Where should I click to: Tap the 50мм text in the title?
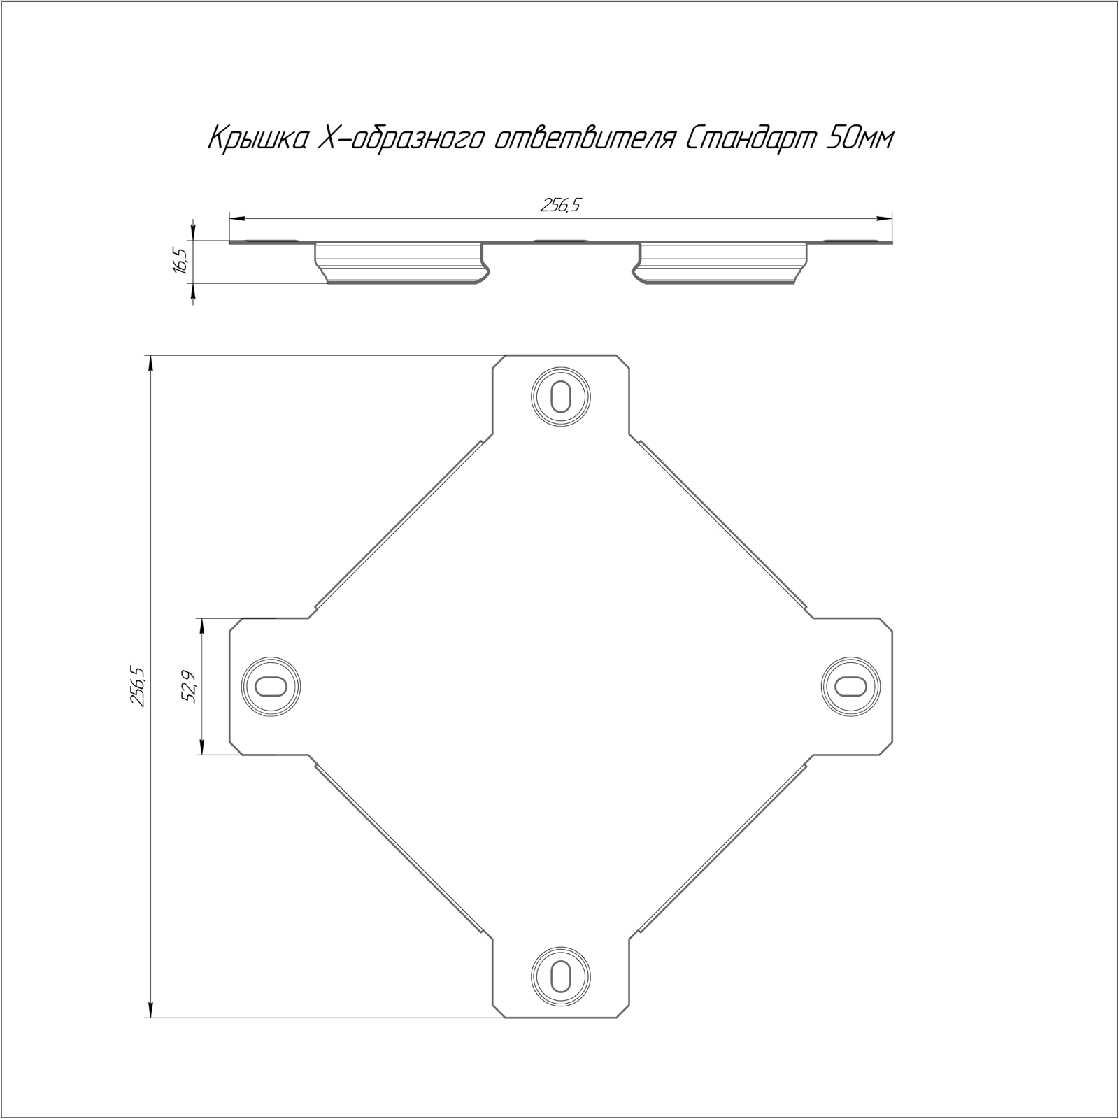tap(860, 140)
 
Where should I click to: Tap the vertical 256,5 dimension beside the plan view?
tap(138, 686)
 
